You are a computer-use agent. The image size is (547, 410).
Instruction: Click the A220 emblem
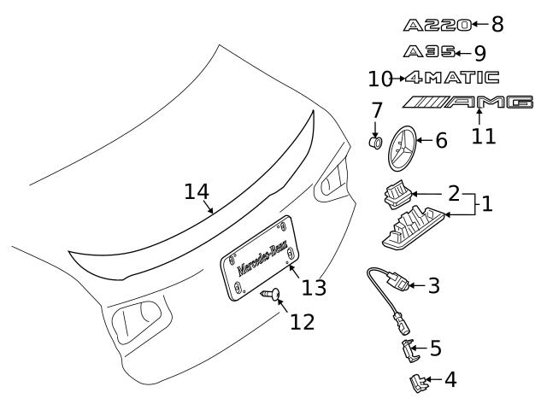(x=438, y=26)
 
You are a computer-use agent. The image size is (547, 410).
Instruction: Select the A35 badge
(x=429, y=52)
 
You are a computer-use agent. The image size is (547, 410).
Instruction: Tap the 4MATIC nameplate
(x=452, y=78)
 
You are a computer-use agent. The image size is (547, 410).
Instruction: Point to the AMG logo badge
(x=468, y=102)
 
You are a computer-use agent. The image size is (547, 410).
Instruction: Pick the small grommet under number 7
(x=375, y=143)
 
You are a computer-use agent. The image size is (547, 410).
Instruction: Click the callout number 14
(x=197, y=191)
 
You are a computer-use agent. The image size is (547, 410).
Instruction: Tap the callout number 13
(x=314, y=288)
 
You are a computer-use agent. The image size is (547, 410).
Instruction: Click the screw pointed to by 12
(x=271, y=295)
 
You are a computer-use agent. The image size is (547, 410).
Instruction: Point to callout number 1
(x=487, y=204)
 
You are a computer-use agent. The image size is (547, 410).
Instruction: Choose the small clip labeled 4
(x=418, y=383)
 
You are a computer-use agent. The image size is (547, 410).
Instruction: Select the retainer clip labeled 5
(x=409, y=350)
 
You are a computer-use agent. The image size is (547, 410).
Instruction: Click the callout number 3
(x=433, y=285)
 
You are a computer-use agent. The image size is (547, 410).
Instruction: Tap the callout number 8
(x=497, y=25)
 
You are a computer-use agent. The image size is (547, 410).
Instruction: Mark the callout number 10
(x=380, y=79)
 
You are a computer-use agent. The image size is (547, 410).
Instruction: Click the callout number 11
(x=484, y=136)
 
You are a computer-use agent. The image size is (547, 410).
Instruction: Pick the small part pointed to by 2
(x=397, y=195)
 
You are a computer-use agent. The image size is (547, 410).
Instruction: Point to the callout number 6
(x=442, y=141)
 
